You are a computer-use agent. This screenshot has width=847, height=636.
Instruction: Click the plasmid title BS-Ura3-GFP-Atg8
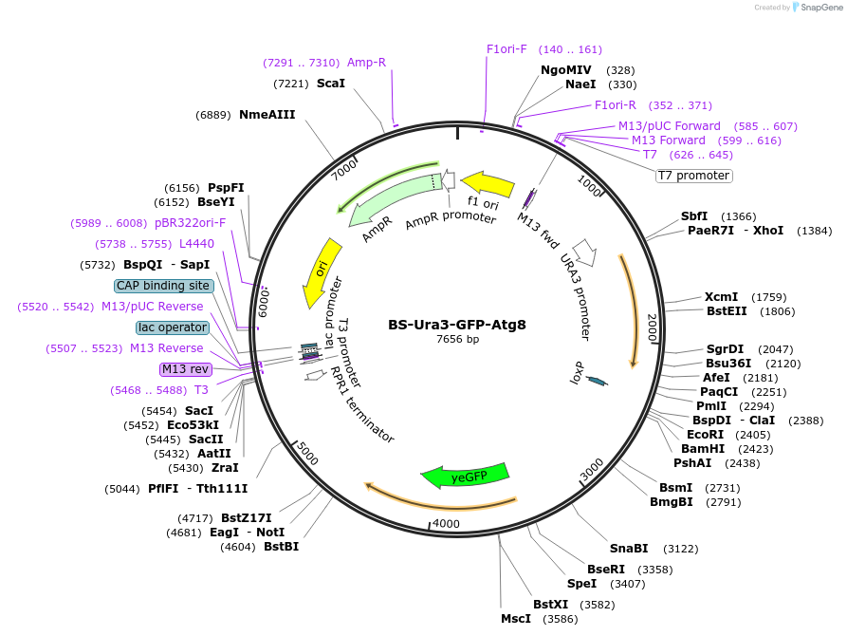tap(457, 324)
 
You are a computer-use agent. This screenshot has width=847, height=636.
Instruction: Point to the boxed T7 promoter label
tap(694, 176)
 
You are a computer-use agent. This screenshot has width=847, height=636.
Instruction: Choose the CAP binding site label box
tap(163, 286)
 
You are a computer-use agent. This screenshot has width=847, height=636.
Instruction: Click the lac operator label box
tap(173, 327)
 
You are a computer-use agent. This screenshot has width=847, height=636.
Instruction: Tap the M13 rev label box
tap(185, 369)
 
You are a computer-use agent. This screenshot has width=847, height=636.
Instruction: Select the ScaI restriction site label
tap(331, 84)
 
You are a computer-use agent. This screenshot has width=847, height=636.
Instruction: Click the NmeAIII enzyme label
tap(267, 115)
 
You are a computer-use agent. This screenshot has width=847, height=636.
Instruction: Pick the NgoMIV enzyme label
tap(566, 69)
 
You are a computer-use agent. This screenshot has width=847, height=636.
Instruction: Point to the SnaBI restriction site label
tap(629, 548)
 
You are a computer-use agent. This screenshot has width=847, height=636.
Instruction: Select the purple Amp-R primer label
tap(366, 63)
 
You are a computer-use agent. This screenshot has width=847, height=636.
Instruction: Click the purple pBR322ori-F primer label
tap(191, 223)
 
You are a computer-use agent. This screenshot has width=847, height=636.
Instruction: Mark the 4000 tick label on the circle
tap(445, 524)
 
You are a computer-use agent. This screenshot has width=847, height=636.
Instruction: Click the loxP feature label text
tap(578, 373)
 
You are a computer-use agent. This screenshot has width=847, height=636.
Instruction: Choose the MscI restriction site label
tap(516, 619)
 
